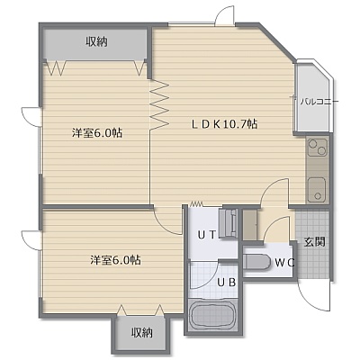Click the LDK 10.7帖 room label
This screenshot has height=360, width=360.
[x=225, y=123]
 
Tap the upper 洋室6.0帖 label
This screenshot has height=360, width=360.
[x=96, y=132]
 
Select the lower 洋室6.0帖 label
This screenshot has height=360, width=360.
[x=116, y=260]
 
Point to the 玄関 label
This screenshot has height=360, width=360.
[x=315, y=241]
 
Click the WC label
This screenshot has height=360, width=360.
[x=285, y=263]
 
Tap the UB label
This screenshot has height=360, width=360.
[x=227, y=283]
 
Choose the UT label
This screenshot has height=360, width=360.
[x=206, y=235]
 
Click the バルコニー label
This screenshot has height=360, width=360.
[x=319, y=102]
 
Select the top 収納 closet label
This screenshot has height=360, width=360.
[x=97, y=41]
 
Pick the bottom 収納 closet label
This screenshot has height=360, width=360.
[x=142, y=332]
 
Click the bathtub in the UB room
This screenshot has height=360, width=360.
[x=212, y=316]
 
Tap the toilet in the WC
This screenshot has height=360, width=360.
[x=257, y=263]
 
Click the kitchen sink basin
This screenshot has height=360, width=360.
[x=317, y=190]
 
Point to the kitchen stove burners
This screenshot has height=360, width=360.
[x=317, y=147]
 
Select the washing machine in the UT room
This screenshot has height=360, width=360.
[x=229, y=223]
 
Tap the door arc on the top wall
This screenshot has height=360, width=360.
[x=224, y=15]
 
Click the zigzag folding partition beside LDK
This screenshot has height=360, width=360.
[x=158, y=104]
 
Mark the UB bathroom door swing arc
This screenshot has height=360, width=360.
[x=207, y=277]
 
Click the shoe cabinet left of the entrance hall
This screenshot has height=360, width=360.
[x=250, y=225]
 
